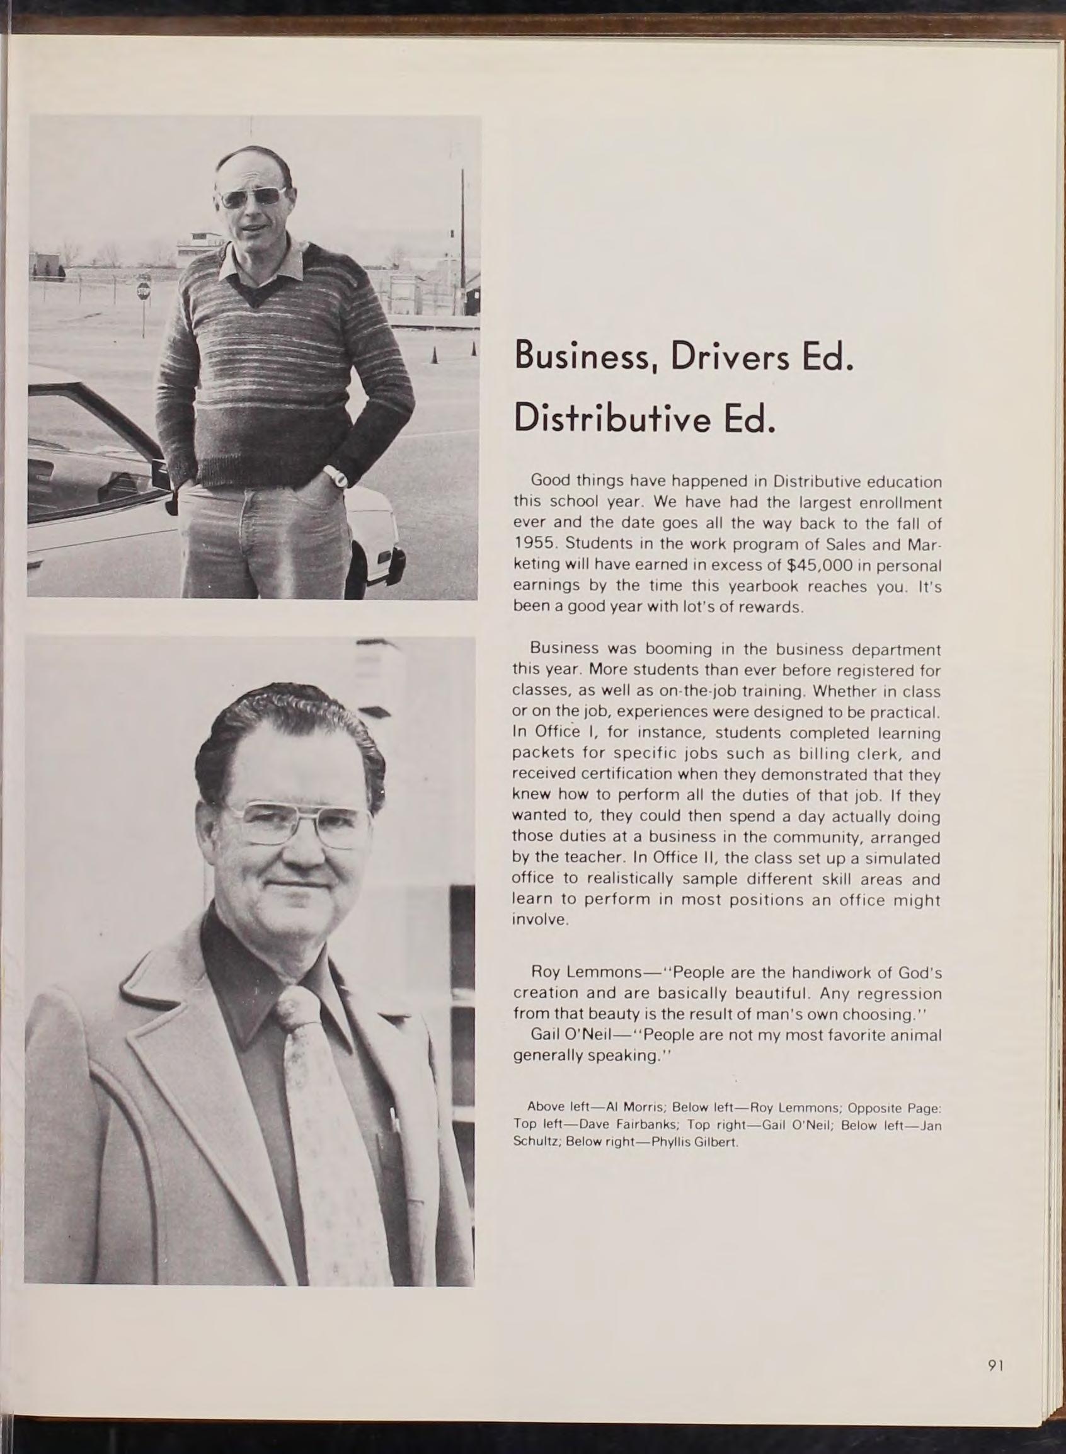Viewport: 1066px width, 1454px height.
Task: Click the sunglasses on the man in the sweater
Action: tap(251, 197)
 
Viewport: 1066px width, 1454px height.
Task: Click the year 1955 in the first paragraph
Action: tap(533, 544)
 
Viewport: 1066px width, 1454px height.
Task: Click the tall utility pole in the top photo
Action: tap(462, 239)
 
